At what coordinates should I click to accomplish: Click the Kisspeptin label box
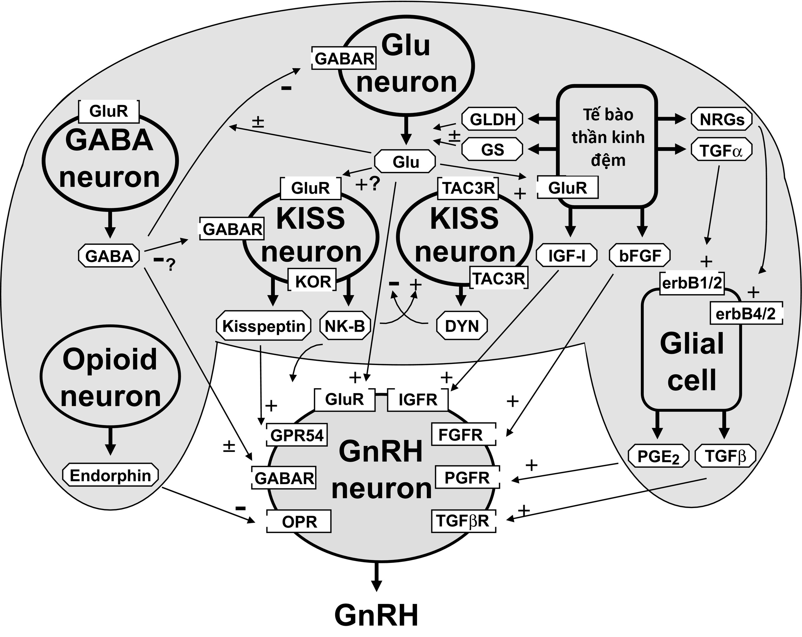point(263,326)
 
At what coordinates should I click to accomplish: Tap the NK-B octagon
point(345,326)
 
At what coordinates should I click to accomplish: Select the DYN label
point(462,326)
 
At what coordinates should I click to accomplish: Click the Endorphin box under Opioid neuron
point(110,475)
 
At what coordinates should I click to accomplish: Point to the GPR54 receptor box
point(297,435)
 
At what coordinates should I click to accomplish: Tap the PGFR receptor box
point(467,477)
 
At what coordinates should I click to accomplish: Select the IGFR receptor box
point(418,400)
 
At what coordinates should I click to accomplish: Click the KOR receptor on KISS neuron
point(313,282)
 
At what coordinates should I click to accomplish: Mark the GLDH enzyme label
point(492,119)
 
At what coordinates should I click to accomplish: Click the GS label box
point(492,150)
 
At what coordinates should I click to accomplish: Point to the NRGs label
point(722,119)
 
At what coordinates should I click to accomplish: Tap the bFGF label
point(640,256)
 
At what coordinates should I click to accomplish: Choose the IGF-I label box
point(566,256)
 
